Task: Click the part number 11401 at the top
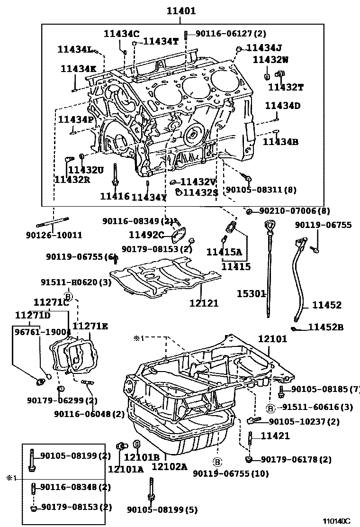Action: (x=180, y=11)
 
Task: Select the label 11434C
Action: (x=122, y=33)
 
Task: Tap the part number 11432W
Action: (x=270, y=59)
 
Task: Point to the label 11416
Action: (x=114, y=196)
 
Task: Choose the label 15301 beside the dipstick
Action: (x=251, y=294)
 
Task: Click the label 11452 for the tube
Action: (x=326, y=306)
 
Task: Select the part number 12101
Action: (x=272, y=339)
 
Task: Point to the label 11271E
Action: (x=90, y=326)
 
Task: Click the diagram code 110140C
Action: (x=336, y=521)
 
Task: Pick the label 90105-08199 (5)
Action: (x=162, y=509)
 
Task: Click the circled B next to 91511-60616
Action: (x=270, y=408)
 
